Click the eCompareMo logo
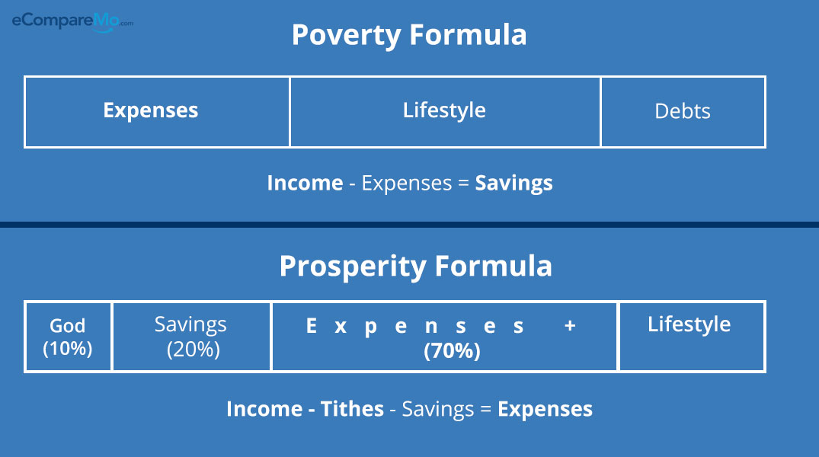pos(72,22)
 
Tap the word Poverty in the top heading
pos(346,36)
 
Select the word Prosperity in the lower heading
pos(353,267)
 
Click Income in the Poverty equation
pos(305,184)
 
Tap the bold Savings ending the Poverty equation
pos(514,184)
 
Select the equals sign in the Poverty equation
pos(463,184)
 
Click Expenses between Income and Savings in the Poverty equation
pos(406,184)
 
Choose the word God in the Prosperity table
pos(67,326)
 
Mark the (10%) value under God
pos(67,349)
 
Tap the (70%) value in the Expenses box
pos(452,351)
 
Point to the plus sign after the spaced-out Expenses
pos(570,326)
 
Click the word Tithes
pos(352,409)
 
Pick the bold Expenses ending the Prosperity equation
pos(545,410)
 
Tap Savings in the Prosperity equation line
pos(438,410)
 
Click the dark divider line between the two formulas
pos(410,225)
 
